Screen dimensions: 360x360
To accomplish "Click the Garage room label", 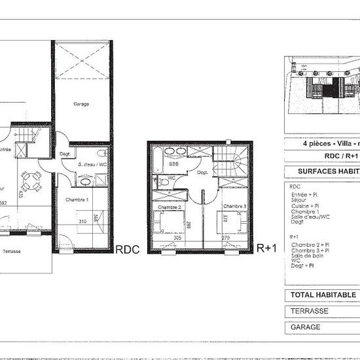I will (81, 104).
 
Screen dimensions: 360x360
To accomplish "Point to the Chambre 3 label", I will (234, 207).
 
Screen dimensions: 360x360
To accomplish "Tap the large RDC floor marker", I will (127, 249).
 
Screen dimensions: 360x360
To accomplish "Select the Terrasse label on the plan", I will (12, 251).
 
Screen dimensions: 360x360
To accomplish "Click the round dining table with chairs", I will (29, 177).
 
